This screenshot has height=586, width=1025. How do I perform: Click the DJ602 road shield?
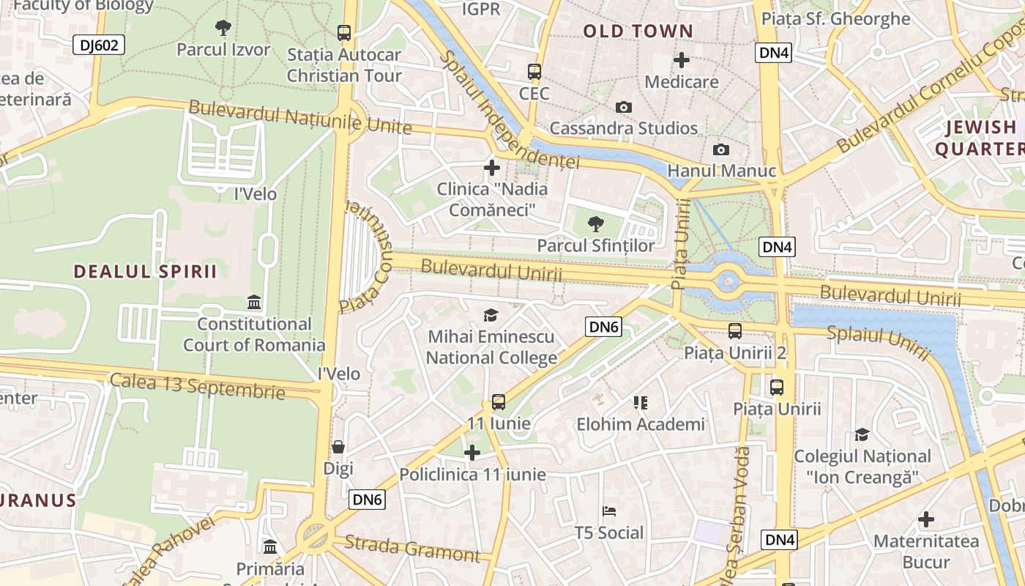(x=99, y=45)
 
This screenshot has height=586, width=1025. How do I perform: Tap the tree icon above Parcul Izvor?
(x=223, y=29)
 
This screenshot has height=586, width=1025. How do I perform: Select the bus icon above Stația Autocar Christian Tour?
(x=344, y=33)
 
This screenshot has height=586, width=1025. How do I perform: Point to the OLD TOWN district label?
(x=638, y=31)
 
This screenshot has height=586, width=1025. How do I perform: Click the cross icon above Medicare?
(x=682, y=60)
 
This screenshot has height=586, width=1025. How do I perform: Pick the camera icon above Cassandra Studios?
(x=624, y=108)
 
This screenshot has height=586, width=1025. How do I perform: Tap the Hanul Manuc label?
(x=722, y=171)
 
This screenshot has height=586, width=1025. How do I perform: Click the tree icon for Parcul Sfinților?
(x=596, y=224)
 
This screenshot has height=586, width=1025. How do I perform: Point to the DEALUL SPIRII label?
(x=145, y=272)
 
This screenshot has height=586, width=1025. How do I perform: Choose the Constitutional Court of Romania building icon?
(x=254, y=303)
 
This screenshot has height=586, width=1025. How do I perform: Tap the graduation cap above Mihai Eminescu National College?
(x=491, y=316)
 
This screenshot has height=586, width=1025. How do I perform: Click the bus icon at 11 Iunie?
(x=499, y=402)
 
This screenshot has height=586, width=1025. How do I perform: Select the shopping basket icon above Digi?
(x=338, y=447)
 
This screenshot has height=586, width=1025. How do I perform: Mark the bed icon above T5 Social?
(x=609, y=511)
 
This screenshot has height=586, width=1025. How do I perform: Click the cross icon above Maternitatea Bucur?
(x=926, y=520)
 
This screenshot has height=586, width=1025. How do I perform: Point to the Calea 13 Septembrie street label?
(x=197, y=385)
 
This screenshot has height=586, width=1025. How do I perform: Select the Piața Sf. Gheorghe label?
(x=835, y=19)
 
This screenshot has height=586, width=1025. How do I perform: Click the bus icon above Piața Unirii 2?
(x=735, y=331)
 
